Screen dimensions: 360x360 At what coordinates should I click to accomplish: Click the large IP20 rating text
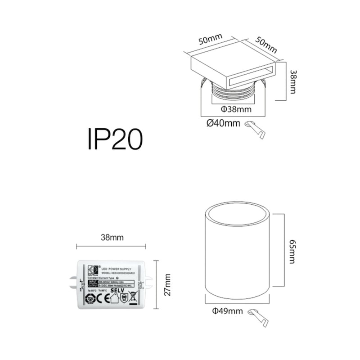coord(115,139)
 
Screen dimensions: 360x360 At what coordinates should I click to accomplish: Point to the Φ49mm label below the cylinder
coord(227,311)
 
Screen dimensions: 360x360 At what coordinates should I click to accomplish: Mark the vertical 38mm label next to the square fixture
coord(293,81)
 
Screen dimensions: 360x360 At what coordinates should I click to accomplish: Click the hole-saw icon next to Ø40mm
coord(256,130)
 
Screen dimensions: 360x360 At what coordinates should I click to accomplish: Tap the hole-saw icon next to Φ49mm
coord(259,318)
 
